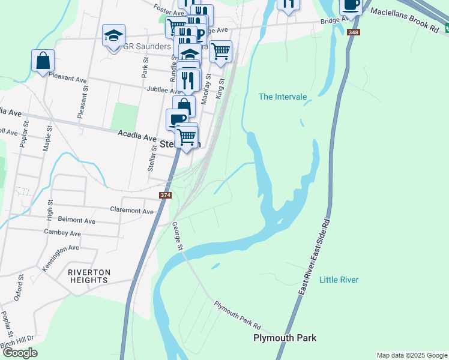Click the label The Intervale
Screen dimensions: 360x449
tap(283, 97)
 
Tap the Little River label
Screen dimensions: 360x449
tap(339, 280)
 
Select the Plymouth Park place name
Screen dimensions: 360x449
tap(285, 338)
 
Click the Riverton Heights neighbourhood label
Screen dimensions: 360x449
tap(89, 277)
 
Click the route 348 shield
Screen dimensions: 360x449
tap(355, 31)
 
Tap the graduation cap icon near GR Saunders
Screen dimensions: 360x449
tap(113, 35)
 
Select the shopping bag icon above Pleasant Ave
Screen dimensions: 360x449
tap(43, 60)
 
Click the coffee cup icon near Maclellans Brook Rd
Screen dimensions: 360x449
tap(351, 5)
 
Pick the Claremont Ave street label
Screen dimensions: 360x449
tap(132, 210)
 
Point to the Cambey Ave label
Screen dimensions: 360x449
tap(62, 233)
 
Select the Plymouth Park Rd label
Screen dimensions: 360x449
tap(237, 314)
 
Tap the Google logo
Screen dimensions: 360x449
tap(20, 353)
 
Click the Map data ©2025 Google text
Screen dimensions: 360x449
tap(411, 355)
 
